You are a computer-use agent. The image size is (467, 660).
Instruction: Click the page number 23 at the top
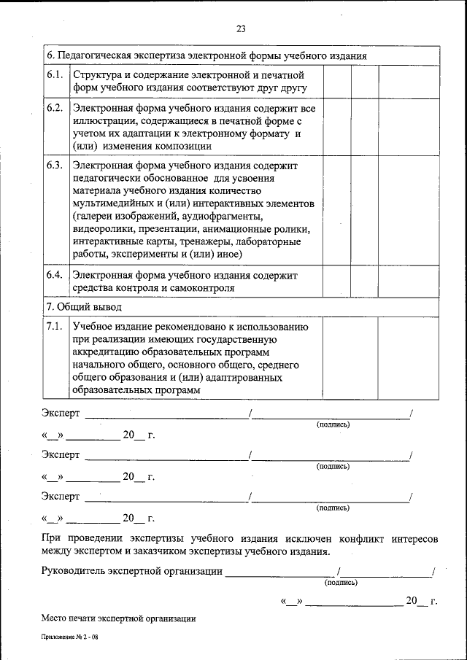point(241,29)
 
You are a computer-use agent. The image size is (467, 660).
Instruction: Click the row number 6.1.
point(54,75)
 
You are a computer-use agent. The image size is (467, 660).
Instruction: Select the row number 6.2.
point(54,108)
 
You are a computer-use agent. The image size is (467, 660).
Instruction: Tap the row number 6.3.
point(54,166)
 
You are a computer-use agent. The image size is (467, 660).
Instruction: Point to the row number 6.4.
point(54,275)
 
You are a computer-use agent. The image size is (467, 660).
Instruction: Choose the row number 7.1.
point(54,326)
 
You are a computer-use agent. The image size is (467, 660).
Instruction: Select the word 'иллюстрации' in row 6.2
point(103,121)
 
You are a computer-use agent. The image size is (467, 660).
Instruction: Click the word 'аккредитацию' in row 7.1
point(107,352)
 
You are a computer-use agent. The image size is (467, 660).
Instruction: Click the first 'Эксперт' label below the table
point(61,414)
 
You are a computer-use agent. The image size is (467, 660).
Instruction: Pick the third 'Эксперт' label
point(61,497)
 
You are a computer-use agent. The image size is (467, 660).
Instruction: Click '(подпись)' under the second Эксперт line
point(332,466)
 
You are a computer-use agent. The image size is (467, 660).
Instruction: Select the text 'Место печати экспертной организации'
point(118,618)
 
